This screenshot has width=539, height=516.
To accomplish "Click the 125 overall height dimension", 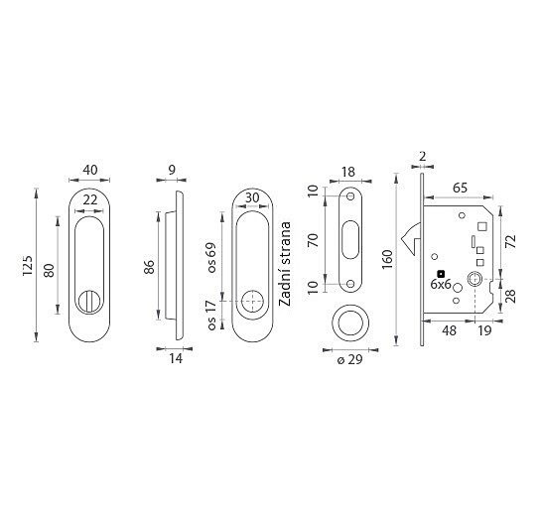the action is (x=27, y=265).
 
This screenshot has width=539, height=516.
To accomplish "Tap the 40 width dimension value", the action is (x=90, y=170).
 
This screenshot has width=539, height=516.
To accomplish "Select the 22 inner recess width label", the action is (x=90, y=199).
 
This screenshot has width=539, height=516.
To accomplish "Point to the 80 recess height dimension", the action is (x=49, y=270).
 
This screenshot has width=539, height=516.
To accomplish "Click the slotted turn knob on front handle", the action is (x=89, y=302).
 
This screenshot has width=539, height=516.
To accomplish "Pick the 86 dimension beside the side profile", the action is (x=149, y=267).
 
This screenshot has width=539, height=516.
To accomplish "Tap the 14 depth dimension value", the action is (x=176, y=358).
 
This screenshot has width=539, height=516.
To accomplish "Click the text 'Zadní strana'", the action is (x=285, y=264).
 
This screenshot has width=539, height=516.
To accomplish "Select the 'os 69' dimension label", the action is (x=211, y=258).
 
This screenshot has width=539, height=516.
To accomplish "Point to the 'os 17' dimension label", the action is (x=211, y=315).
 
